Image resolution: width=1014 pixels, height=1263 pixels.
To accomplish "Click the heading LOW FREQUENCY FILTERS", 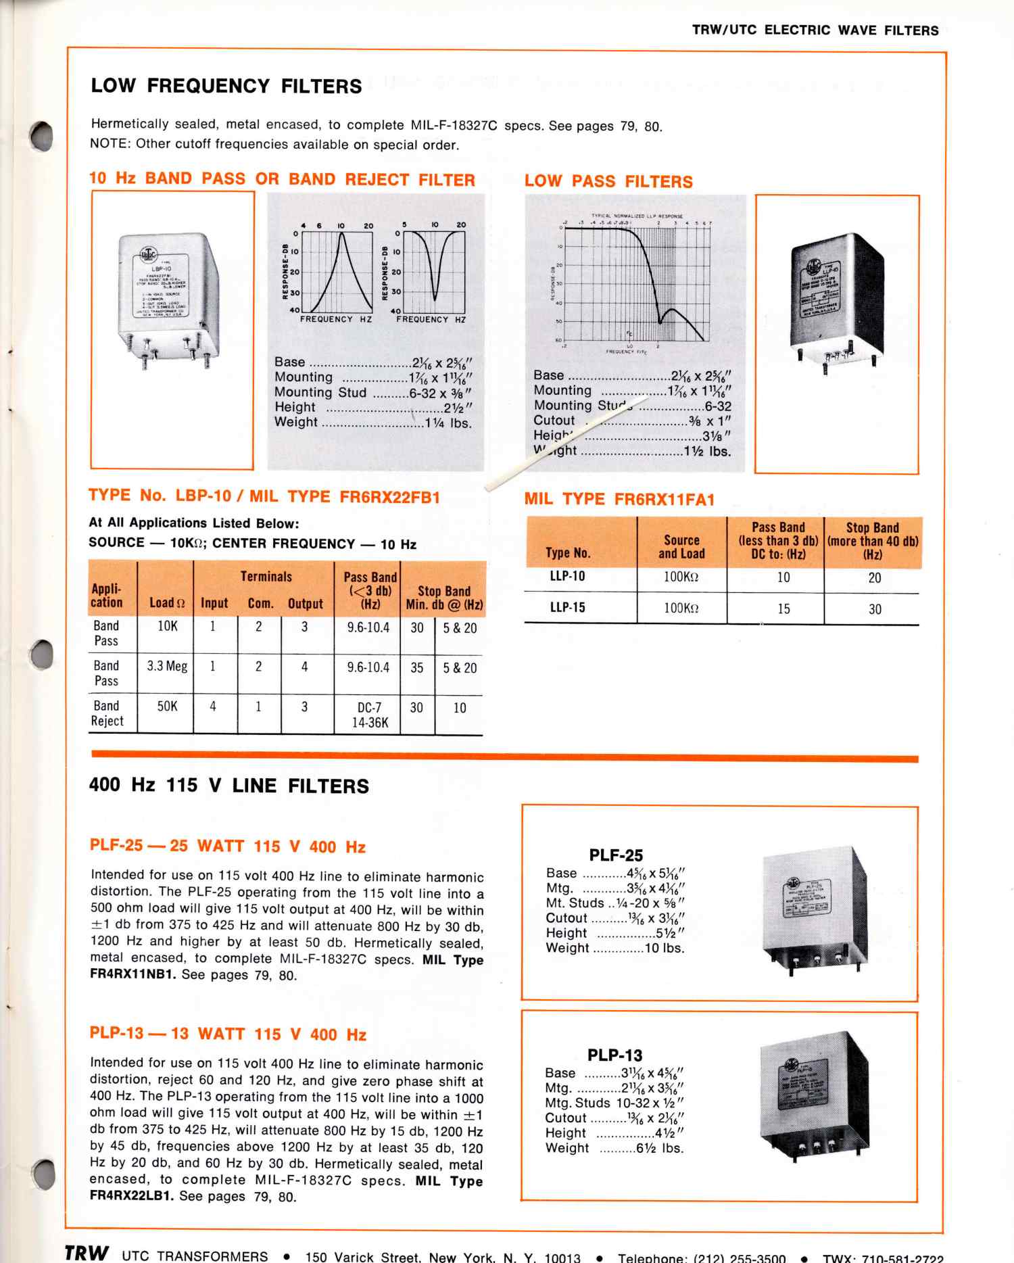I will (226, 86).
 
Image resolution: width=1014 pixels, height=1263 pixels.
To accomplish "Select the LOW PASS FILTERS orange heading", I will (608, 181).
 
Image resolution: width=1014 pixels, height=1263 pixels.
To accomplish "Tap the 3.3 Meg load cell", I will (167, 666).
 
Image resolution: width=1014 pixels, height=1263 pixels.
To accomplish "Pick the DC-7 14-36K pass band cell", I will (369, 715).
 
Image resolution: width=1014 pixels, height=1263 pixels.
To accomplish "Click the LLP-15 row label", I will (567, 607).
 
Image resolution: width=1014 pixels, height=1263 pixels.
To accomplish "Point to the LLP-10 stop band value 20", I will (874, 577).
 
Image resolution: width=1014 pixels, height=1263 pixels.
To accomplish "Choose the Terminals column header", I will (266, 577).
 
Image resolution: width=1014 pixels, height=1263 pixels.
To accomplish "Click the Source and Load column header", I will (681, 547).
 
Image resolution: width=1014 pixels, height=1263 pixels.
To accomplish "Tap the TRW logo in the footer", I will (86, 1253).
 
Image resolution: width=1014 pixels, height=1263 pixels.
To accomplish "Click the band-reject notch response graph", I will (433, 270).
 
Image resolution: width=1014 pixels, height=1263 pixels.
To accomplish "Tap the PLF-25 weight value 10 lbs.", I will (665, 948).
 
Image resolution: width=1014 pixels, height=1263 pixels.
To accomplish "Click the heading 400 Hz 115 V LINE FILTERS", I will (229, 786).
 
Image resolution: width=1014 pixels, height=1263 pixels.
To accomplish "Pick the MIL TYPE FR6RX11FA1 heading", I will (619, 500).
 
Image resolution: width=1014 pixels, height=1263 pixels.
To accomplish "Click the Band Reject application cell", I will (107, 713).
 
